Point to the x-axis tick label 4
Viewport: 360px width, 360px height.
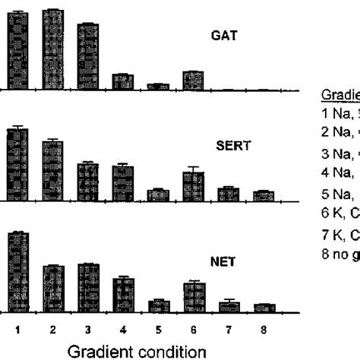pyautogui.click(x=123, y=330)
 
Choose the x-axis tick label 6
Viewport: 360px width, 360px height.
pyautogui.click(x=194, y=330)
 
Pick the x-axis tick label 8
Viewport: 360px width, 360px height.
pyautogui.click(x=264, y=330)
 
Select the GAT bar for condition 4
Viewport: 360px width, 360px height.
pyautogui.click(x=123, y=82)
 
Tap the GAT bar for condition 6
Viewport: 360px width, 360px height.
pyautogui.click(x=194, y=81)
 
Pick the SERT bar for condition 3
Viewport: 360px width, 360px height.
pyautogui.click(x=88, y=182)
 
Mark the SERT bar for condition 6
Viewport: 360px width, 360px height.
pyautogui.click(x=194, y=186)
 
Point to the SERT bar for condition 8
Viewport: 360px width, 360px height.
pyautogui.click(x=264, y=196)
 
